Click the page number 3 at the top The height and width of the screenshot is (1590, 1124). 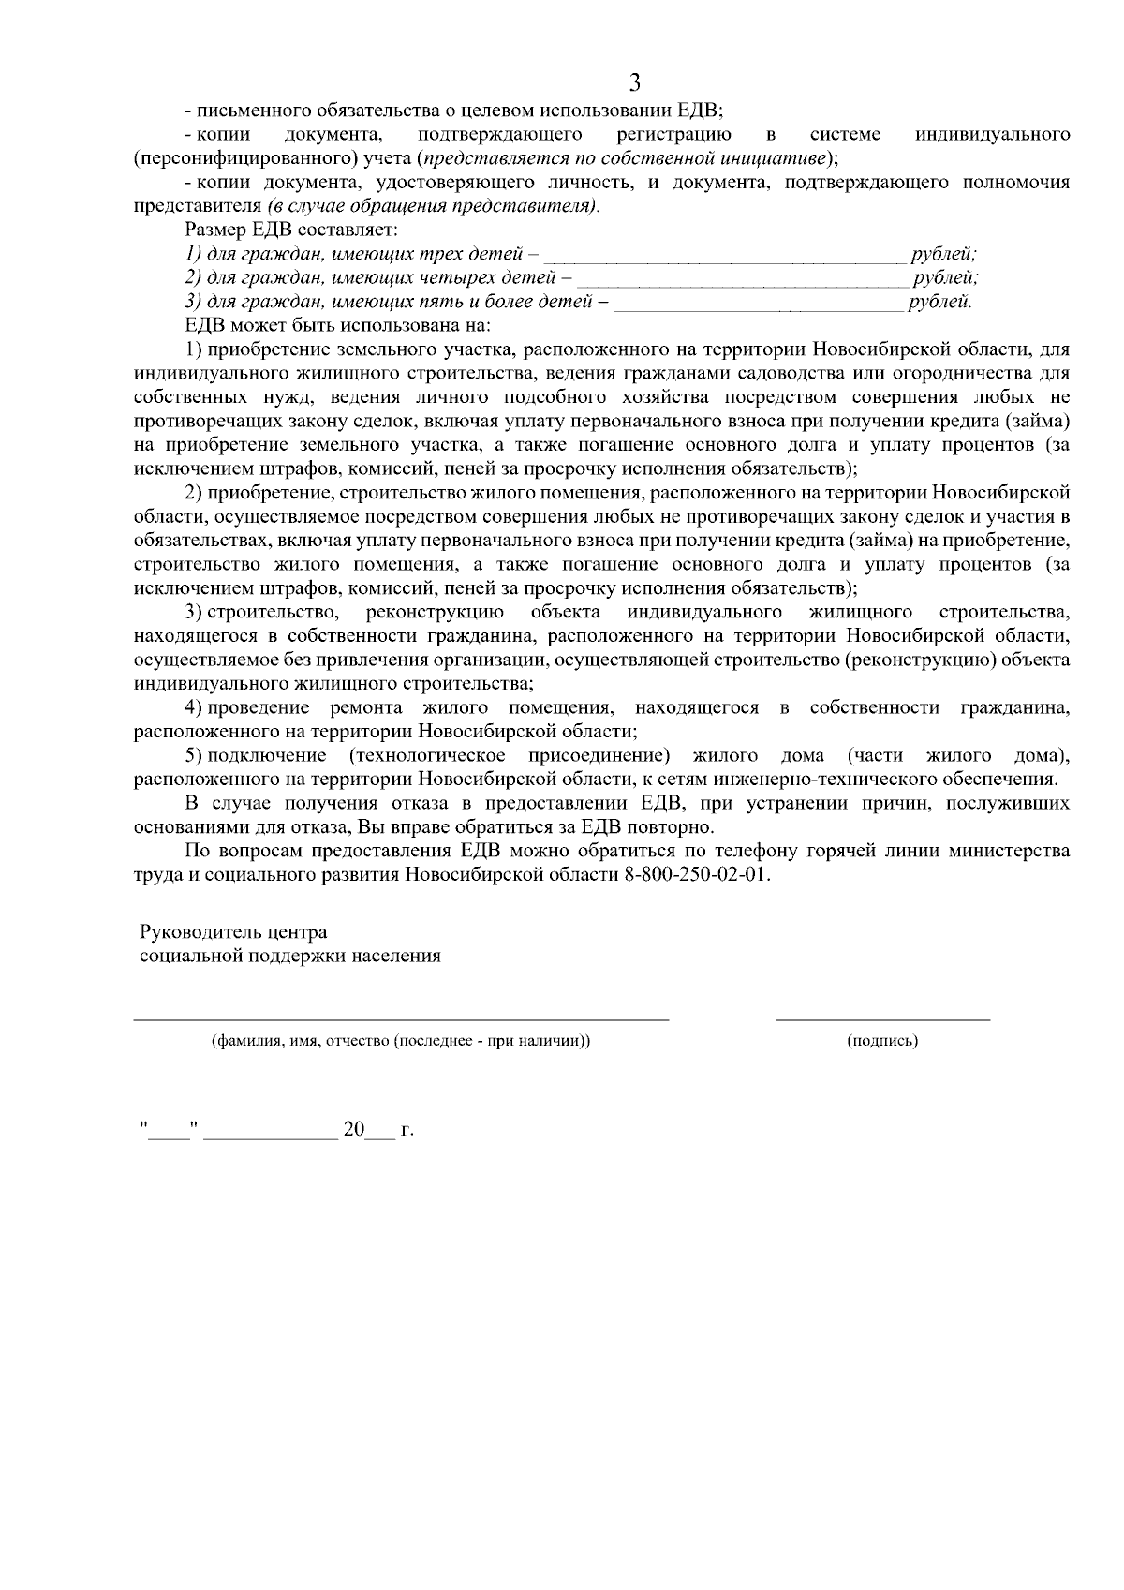pyautogui.click(x=634, y=83)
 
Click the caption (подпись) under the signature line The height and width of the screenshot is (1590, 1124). pyautogui.click(x=881, y=1041)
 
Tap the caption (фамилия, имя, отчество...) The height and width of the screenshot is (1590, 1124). pyautogui.click(x=401, y=1041)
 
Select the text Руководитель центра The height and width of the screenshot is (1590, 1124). pyautogui.click(x=233, y=932)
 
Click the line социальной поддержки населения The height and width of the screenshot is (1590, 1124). pyautogui.click(x=289, y=957)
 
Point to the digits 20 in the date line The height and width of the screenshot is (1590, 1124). pyautogui.click(x=353, y=1130)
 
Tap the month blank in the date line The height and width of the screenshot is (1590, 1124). pyautogui.click(x=271, y=1136)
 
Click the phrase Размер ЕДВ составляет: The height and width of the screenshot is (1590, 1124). pyautogui.click(x=293, y=230)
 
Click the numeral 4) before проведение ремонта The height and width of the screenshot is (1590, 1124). pyautogui.click(x=194, y=707)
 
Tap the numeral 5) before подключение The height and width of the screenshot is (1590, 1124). pyautogui.click(x=194, y=755)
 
